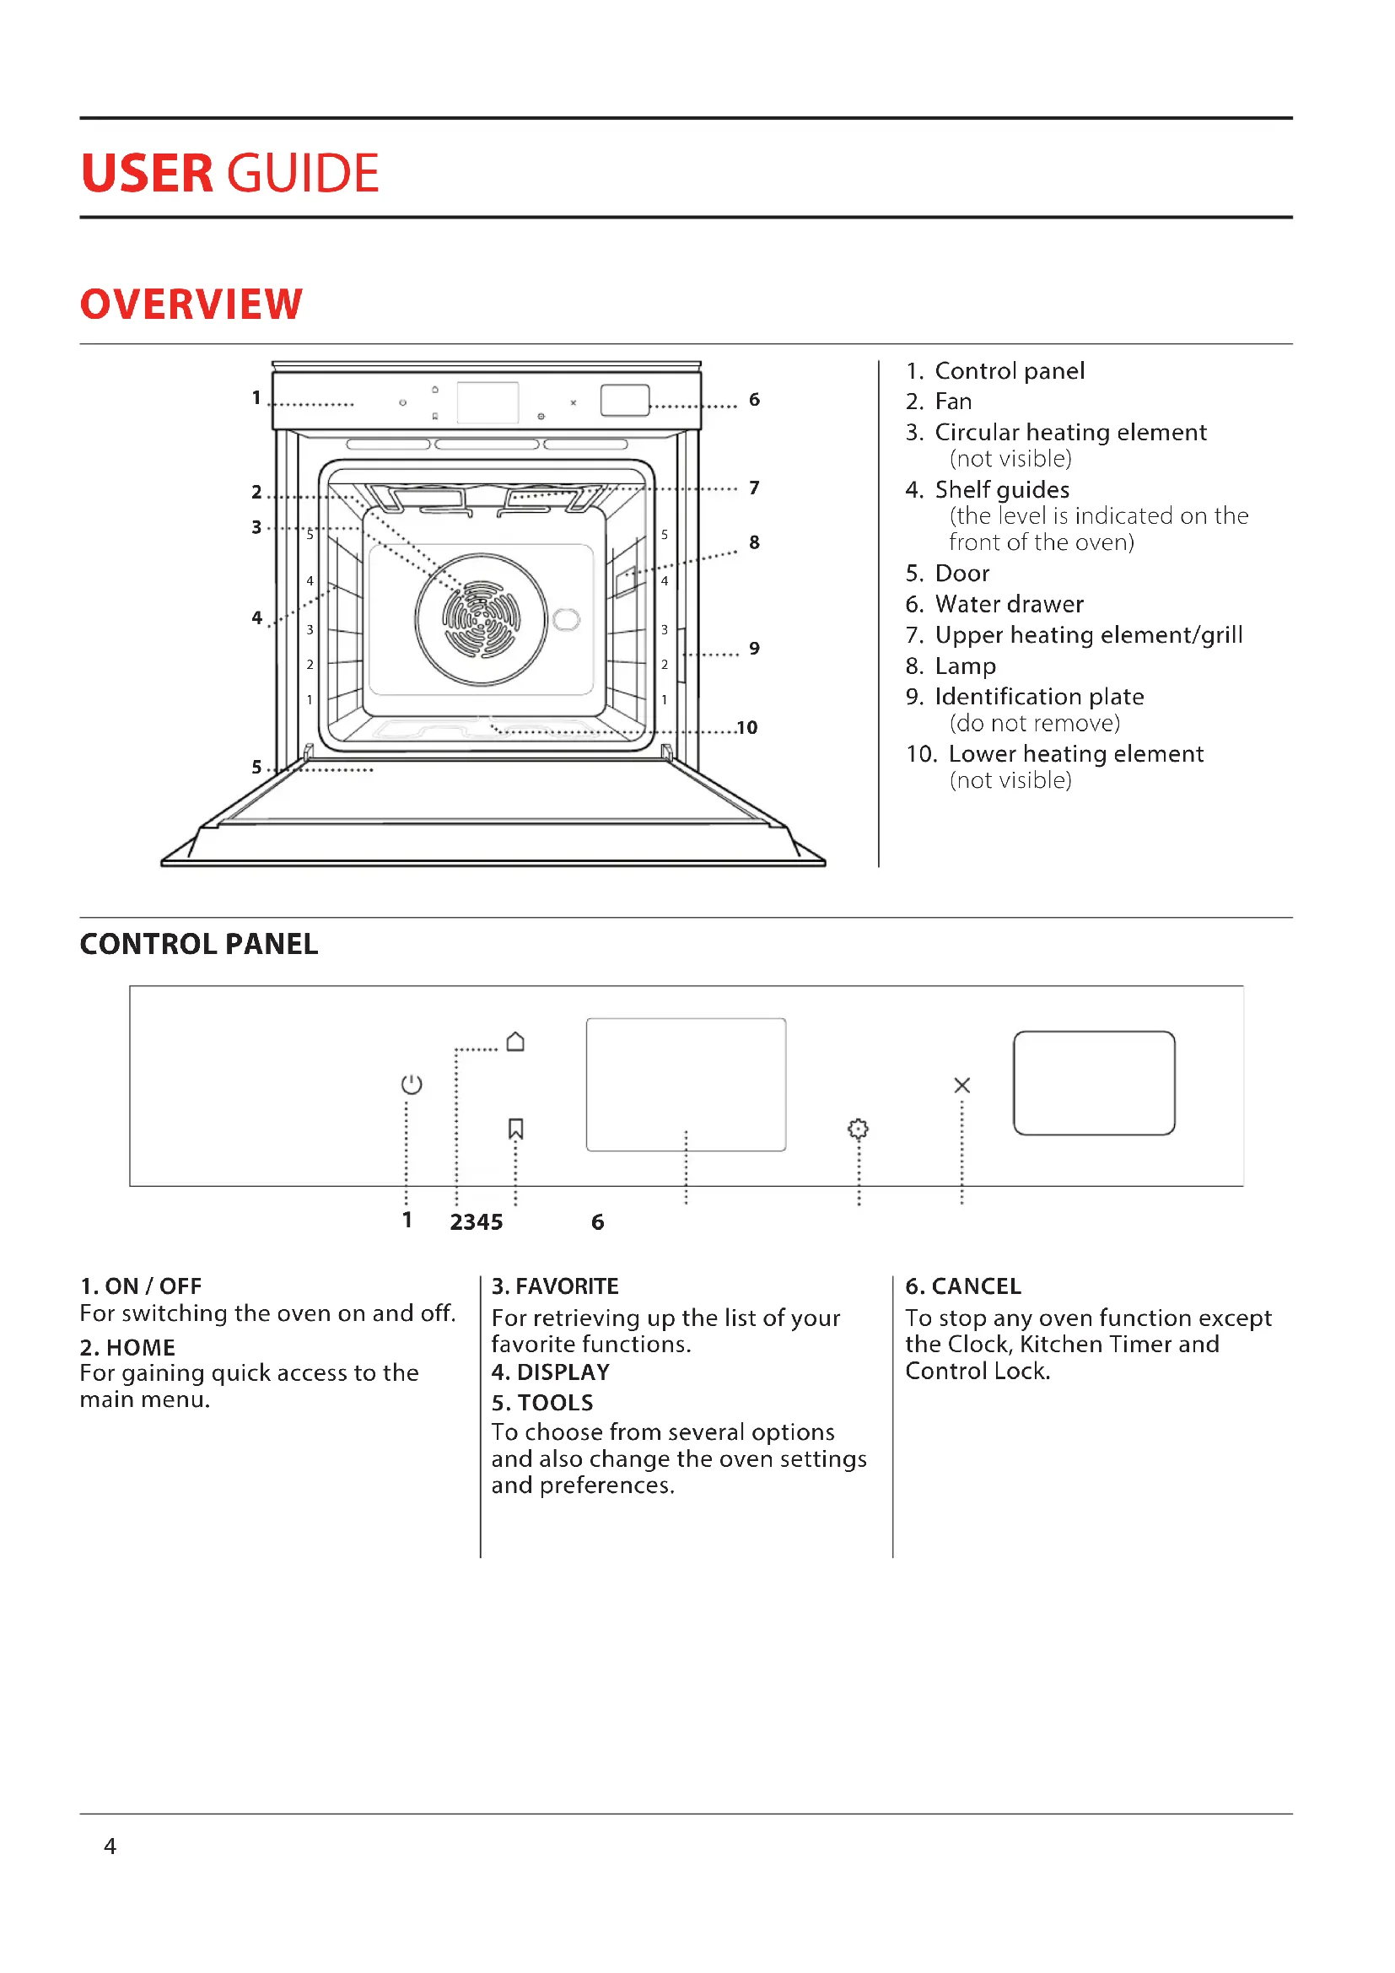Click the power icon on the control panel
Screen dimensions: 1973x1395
tap(412, 1085)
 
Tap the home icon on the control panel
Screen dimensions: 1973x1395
tap(515, 1042)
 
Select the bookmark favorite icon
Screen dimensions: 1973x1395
tap(515, 1129)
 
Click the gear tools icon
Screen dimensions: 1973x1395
tap(857, 1129)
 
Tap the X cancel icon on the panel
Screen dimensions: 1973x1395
tap(962, 1086)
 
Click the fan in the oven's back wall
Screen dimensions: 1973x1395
tap(481, 618)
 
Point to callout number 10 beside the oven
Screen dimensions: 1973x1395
tap(746, 728)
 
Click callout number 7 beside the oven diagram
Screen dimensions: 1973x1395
tap(754, 488)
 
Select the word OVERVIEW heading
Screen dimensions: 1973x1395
tap(191, 305)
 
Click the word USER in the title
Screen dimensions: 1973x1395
tap(147, 174)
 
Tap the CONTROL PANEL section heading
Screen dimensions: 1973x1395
tap(198, 945)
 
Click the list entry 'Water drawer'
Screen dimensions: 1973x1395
tap(1009, 604)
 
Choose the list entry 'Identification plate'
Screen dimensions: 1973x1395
tap(1038, 696)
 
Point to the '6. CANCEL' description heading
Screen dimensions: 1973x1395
tap(963, 1286)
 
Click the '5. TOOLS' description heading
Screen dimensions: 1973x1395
tap(542, 1403)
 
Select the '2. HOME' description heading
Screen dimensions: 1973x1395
tap(127, 1347)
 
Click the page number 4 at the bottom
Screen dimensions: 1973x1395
tap(110, 1846)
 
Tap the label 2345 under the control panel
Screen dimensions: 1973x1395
tap(476, 1222)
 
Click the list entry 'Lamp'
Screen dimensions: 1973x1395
tap(965, 666)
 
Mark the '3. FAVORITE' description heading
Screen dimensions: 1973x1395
tap(555, 1286)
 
